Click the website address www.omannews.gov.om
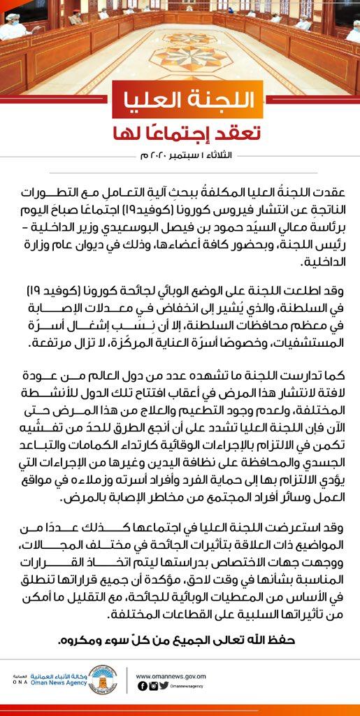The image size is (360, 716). click(171, 676)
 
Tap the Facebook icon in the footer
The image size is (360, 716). click(142, 686)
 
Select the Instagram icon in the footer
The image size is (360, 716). click(153, 686)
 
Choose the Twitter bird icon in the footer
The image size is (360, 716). click(164, 686)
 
